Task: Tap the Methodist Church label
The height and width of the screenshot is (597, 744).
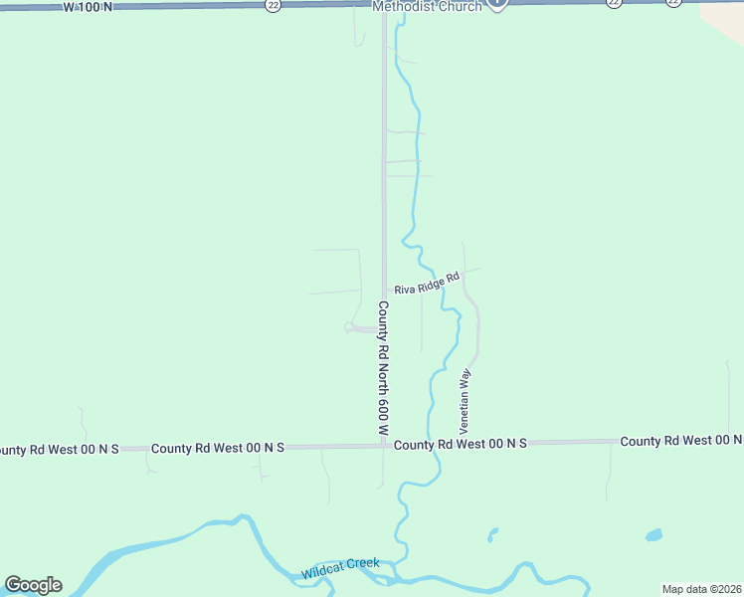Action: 426,6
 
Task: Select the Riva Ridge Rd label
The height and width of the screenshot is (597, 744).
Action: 427,284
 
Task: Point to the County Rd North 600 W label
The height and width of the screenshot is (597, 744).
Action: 381,368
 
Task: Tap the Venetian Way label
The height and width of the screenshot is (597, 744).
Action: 464,398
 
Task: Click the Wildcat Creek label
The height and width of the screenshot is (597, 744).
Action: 340,569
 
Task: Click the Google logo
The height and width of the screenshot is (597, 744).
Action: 33,585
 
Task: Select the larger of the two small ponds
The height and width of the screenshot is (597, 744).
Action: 653,535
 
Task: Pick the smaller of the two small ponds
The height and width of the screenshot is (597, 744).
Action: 492,536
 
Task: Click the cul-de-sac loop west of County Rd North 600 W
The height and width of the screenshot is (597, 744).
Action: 351,326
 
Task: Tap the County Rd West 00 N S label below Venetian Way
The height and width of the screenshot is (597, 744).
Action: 460,444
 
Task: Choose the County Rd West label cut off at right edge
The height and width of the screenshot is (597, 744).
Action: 681,440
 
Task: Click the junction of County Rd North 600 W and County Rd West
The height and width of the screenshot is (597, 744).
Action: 385,446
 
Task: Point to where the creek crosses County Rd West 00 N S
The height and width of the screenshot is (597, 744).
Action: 434,444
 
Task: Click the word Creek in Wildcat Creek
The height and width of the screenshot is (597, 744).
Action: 362,564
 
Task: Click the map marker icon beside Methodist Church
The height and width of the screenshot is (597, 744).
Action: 498,3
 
